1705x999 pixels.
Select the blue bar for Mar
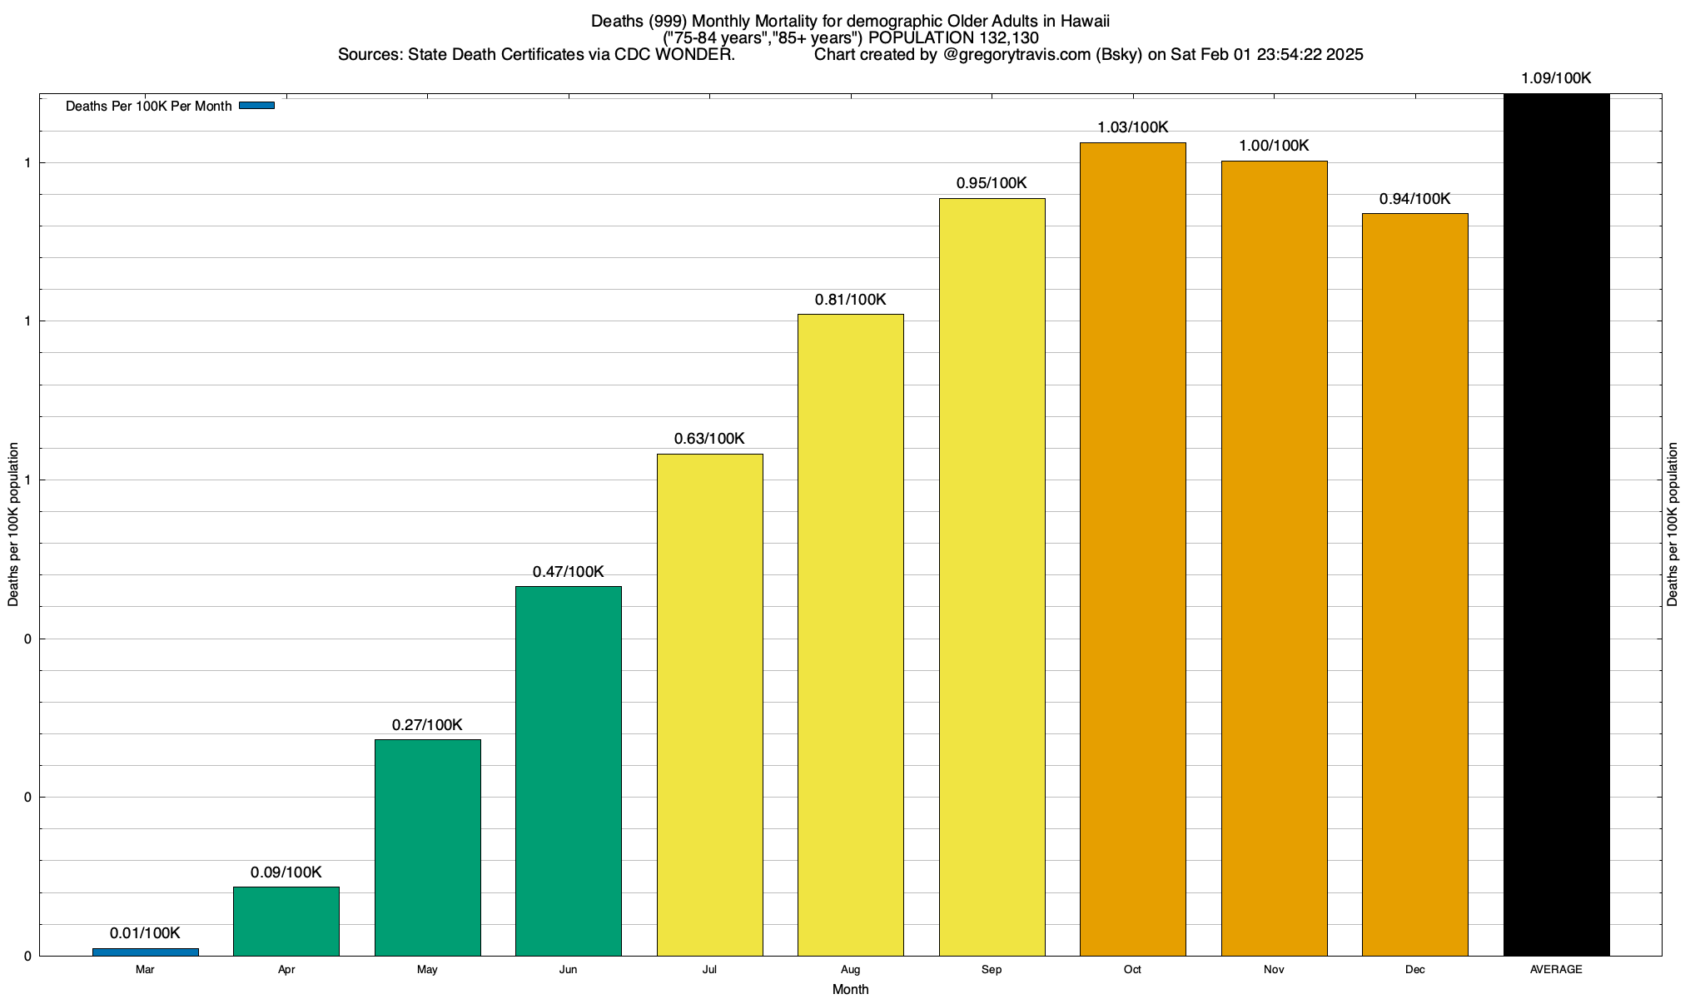click(145, 952)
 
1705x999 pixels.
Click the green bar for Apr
click(286, 921)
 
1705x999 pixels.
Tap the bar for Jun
click(569, 770)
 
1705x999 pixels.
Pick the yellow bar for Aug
click(851, 634)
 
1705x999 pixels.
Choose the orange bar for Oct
click(1133, 549)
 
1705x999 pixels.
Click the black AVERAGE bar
click(1557, 524)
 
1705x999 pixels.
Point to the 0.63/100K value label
click(709, 439)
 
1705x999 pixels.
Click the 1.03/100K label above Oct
click(1133, 127)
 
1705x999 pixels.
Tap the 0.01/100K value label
click(145, 933)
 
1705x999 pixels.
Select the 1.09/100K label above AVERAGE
click(1556, 78)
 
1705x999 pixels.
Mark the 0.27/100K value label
click(427, 725)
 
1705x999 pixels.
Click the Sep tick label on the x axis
click(992, 969)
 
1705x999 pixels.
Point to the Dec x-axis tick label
click(1415, 969)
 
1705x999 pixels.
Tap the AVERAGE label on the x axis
click(1556, 969)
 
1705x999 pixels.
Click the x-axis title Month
click(850, 989)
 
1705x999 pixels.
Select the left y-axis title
click(13, 524)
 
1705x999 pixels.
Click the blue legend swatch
click(256, 106)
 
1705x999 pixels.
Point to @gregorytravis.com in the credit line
click(1017, 55)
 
